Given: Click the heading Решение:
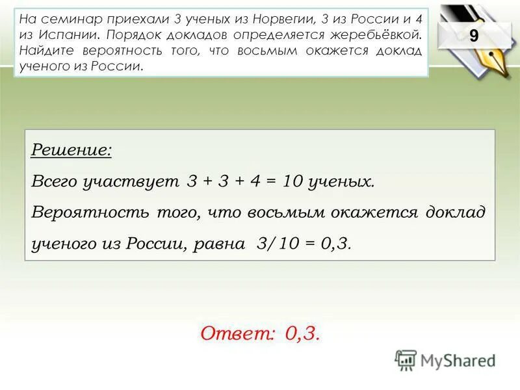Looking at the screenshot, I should tap(71, 151).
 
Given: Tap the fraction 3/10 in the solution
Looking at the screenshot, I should tap(276, 244).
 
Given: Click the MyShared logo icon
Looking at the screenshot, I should tap(406, 360).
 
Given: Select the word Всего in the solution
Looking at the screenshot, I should tap(55, 182).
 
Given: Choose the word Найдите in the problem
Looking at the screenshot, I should tap(46, 51).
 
